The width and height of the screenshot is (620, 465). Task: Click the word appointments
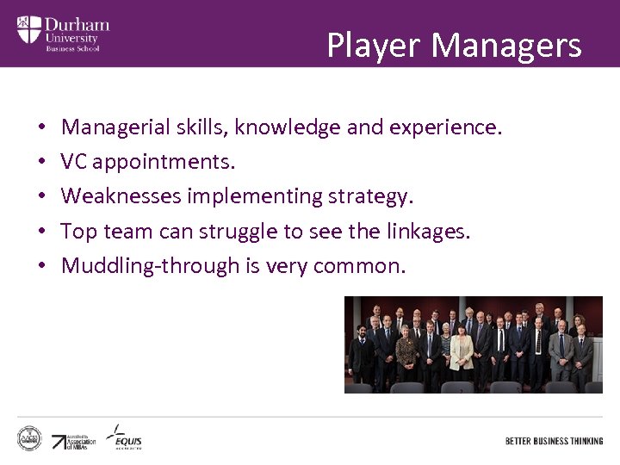(164, 162)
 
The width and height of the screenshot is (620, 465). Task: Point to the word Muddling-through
(151, 265)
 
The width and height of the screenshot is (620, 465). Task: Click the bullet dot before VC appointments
(41, 162)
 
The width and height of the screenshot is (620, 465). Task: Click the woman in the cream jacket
(462, 353)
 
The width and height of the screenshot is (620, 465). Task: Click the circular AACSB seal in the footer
(29, 438)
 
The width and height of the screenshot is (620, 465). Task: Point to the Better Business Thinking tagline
(554, 441)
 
